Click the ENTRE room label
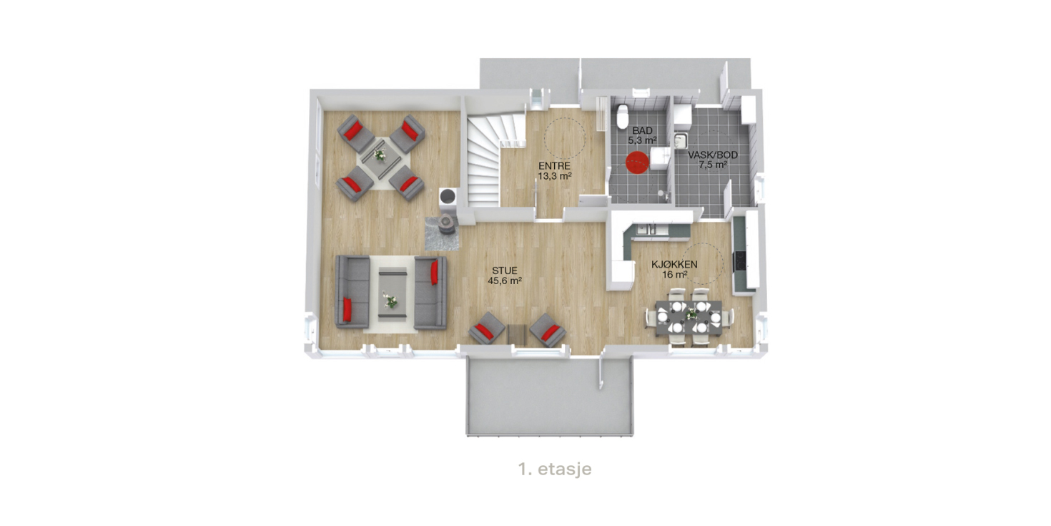(x=554, y=166)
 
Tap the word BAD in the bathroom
(x=642, y=130)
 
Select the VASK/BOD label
(x=713, y=155)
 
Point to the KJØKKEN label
(x=674, y=264)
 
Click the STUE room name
(x=504, y=271)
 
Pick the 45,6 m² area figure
(x=505, y=281)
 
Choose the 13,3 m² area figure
(x=555, y=176)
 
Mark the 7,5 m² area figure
(x=713, y=165)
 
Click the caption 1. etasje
(x=555, y=469)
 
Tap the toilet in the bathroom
(x=623, y=116)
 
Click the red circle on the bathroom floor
(x=637, y=162)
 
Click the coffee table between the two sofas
(x=393, y=293)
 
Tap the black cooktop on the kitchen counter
(x=739, y=262)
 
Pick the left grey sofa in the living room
(x=352, y=292)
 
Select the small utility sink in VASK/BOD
(x=681, y=140)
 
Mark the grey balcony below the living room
(x=549, y=396)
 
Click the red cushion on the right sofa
(x=435, y=273)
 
